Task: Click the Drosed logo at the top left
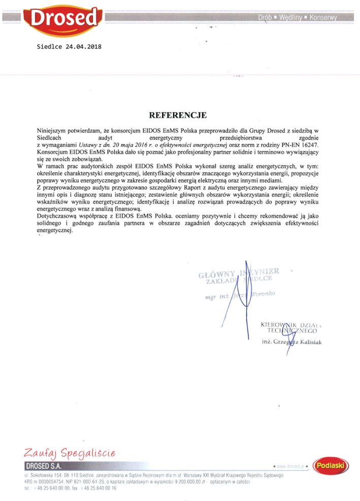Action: pos(63,19)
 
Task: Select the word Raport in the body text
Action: pos(173,187)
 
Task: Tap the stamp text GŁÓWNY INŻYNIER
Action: pos(239,273)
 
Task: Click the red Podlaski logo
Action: pos(331,465)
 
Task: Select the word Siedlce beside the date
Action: pos(50,47)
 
